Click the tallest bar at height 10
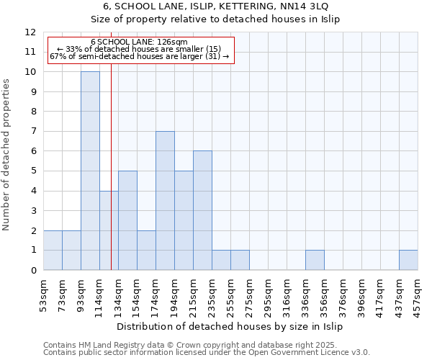click(90, 171)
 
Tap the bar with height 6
click(202, 210)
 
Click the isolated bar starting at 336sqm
click(315, 260)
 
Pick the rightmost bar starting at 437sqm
click(408, 260)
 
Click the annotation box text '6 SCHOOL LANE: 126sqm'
click(140, 42)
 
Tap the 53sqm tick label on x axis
click(44, 293)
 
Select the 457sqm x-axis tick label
click(418, 293)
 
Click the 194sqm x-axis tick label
click(175, 293)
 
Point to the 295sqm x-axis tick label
click(250, 293)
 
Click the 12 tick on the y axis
click(30, 32)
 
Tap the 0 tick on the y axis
click(33, 271)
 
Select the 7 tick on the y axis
click(33, 132)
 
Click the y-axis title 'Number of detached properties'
click(7, 155)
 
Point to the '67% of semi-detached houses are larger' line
click(140, 56)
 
